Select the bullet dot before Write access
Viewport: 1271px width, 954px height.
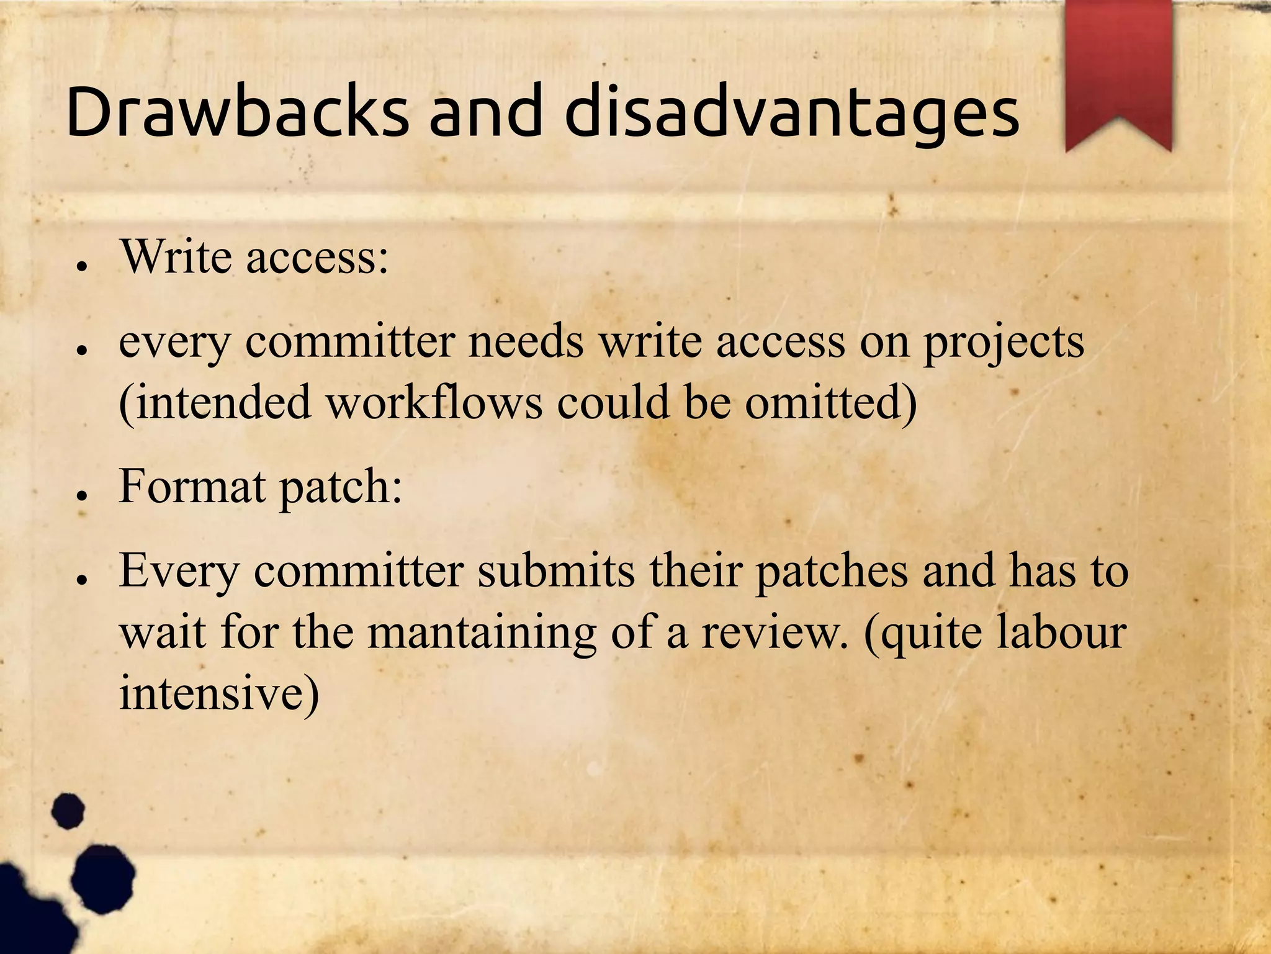[80, 266]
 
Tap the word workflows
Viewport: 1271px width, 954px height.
[434, 402]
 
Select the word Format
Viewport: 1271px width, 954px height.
[192, 486]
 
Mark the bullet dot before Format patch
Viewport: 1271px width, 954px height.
[80, 495]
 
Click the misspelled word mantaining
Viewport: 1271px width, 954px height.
[482, 633]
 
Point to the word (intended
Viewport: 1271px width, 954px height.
[215, 402]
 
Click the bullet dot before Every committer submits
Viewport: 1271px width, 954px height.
[80, 580]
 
